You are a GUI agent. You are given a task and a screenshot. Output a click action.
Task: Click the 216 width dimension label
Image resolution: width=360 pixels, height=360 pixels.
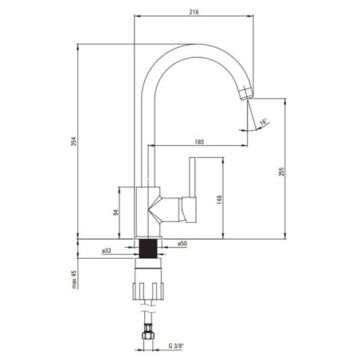pyautogui.click(x=194, y=12)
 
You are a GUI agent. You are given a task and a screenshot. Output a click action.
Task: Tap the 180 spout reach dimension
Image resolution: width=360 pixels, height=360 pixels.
pyautogui.click(x=199, y=142)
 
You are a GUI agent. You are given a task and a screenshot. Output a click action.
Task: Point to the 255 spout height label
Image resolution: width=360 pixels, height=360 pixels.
pyautogui.click(x=281, y=171)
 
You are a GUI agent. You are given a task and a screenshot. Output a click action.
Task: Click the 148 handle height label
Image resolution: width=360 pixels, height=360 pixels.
pyautogui.click(x=219, y=200)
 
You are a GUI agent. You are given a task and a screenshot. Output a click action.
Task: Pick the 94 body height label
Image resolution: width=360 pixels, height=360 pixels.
pyautogui.click(x=115, y=212)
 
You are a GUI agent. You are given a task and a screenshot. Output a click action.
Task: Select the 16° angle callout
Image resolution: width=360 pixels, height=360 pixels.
pyautogui.click(x=263, y=122)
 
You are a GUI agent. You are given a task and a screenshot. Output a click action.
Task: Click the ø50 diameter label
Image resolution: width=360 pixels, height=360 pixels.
pyautogui.click(x=182, y=244)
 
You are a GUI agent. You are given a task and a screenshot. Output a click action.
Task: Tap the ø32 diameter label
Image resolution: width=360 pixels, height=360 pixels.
pyautogui.click(x=107, y=251)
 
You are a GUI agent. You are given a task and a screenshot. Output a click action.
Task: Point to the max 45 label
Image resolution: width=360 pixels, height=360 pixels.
pyautogui.click(x=74, y=280)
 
